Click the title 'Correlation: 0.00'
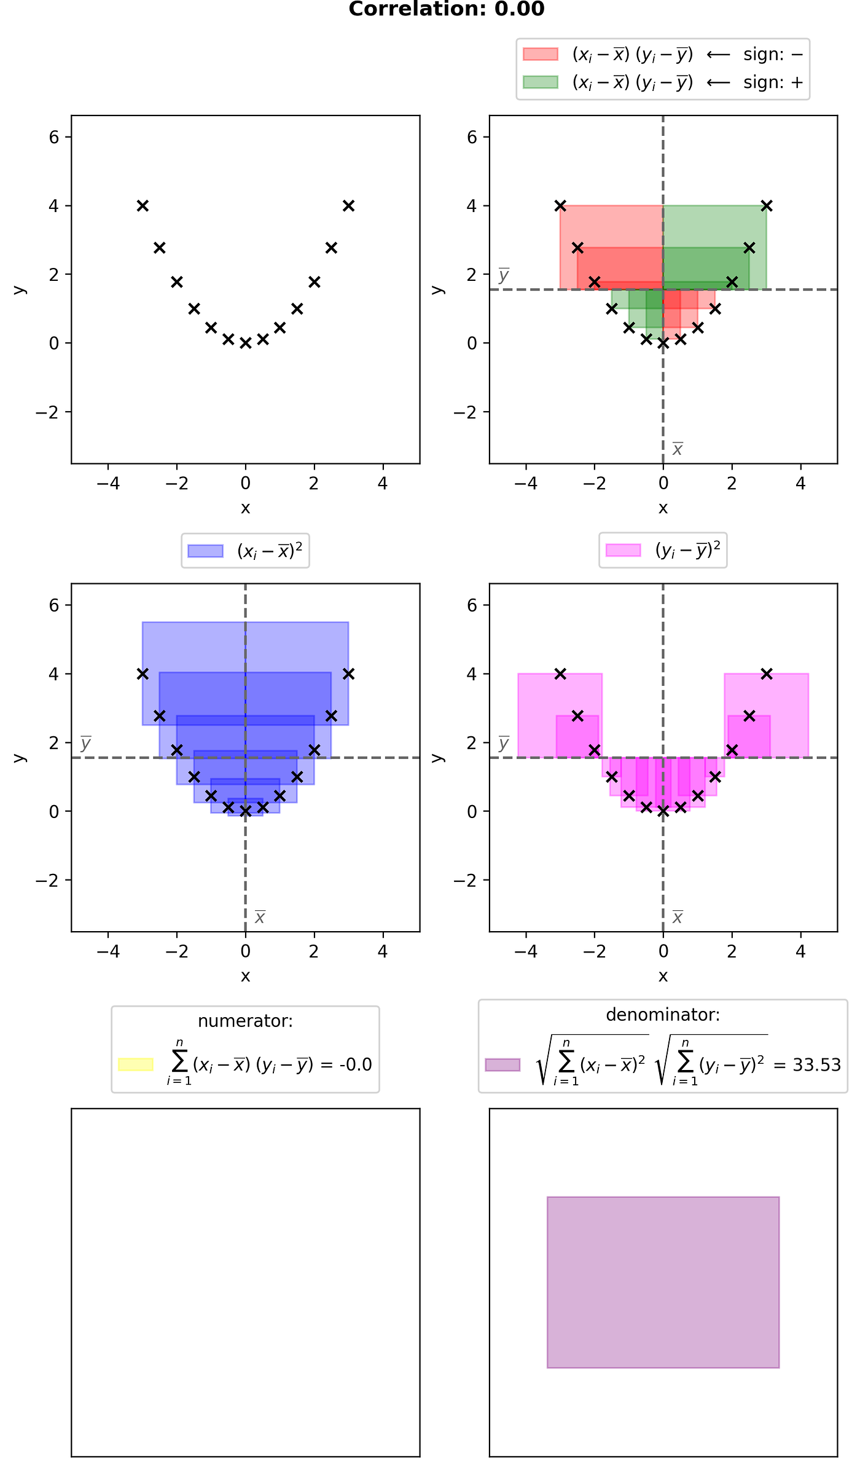click(447, 9)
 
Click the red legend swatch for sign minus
click(540, 54)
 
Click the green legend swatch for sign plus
click(540, 82)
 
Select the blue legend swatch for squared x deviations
click(205, 551)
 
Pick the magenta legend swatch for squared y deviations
click(623, 550)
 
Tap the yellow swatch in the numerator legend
click(136, 1064)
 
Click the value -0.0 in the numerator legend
click(355, 1064)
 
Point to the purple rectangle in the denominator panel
click(663, 1282)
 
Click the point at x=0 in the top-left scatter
click(246, 343)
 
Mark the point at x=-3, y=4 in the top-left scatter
click(143, 205)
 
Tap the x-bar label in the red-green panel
click(678, 449)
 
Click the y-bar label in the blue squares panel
click(86, 744)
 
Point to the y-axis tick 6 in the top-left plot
click(54, 137)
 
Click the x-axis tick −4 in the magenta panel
click(526, 952)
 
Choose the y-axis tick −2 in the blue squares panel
click(47, 880)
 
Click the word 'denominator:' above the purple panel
click(663, 1015)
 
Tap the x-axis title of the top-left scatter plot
click(246, 508)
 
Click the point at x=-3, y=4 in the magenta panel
click(560, 674)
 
